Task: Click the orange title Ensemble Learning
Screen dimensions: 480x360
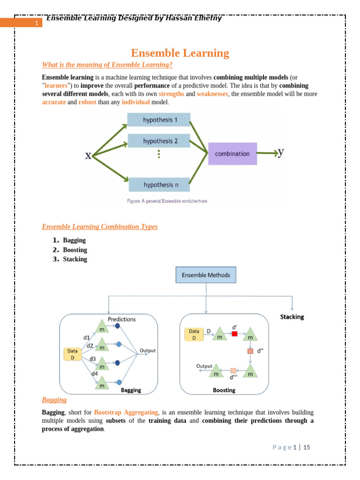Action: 180,53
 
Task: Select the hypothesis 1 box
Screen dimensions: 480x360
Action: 159,120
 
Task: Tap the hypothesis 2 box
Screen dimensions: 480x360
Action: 159,141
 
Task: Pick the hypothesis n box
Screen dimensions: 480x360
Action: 159,185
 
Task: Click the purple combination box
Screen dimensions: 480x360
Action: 232,154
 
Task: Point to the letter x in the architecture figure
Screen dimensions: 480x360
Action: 88,156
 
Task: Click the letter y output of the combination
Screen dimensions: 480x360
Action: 281,152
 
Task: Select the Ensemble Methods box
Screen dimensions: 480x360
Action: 206,275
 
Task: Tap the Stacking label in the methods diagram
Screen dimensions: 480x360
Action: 292,317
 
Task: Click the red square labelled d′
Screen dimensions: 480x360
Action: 235,334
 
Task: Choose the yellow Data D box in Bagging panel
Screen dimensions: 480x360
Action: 73,354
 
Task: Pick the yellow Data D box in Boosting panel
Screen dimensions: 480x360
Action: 194,334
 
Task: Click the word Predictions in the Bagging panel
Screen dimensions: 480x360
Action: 122,319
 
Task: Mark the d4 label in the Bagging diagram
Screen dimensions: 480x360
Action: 94,374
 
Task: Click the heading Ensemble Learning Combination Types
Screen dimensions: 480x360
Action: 100,226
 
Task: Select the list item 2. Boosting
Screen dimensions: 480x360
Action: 75,250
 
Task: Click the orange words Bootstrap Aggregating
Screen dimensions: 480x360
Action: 126,412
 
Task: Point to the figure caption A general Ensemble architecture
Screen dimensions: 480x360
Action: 167,201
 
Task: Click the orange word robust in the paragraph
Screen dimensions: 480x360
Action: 88,102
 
